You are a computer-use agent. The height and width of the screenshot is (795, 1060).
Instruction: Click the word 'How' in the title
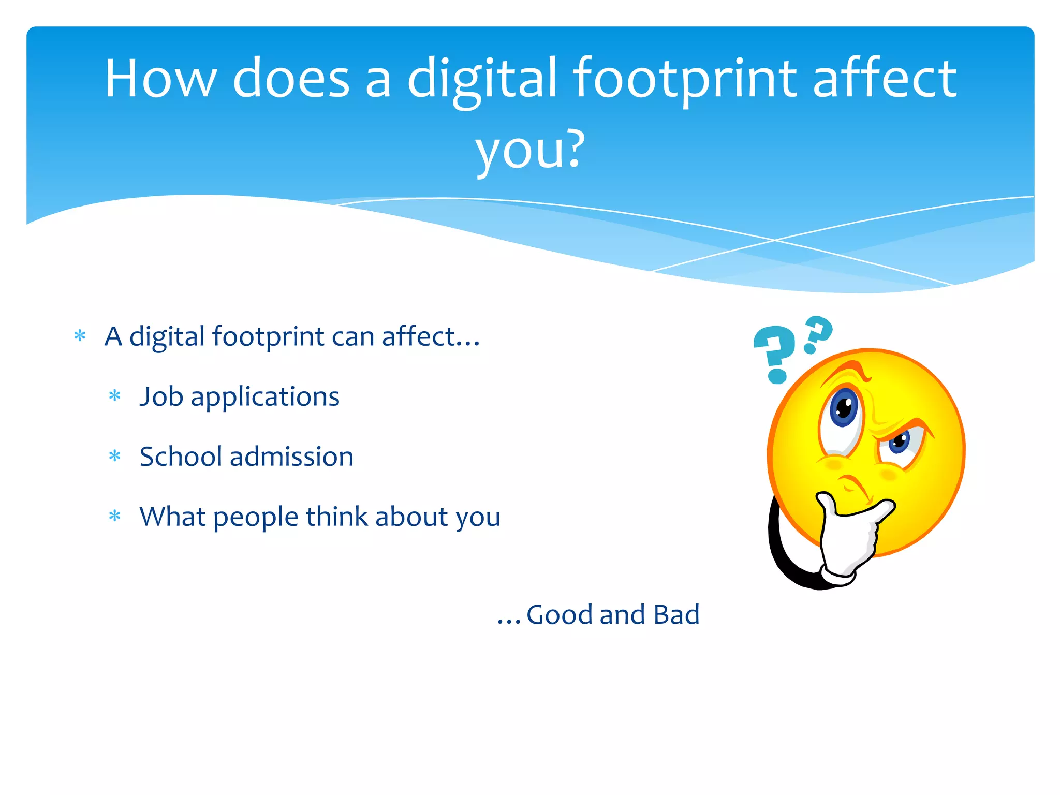[160, 79]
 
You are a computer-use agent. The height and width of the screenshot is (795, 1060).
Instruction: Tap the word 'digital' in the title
[482, 79]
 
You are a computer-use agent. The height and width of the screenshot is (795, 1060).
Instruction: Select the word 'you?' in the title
[530, 150]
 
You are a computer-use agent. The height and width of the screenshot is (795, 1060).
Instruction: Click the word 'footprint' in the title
[684, 79]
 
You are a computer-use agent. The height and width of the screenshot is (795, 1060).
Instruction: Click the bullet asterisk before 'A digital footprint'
[80, 336]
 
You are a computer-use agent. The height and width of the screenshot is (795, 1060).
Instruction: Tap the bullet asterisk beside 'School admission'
[114, 457]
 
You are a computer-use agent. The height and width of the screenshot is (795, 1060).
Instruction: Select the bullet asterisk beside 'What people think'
[114, 517]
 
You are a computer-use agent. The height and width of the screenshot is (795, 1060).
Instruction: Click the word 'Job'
[161, 397]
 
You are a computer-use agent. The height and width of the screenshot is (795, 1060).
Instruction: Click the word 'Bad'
[676, 615]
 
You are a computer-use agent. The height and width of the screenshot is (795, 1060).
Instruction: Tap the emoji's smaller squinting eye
[900, 442]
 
